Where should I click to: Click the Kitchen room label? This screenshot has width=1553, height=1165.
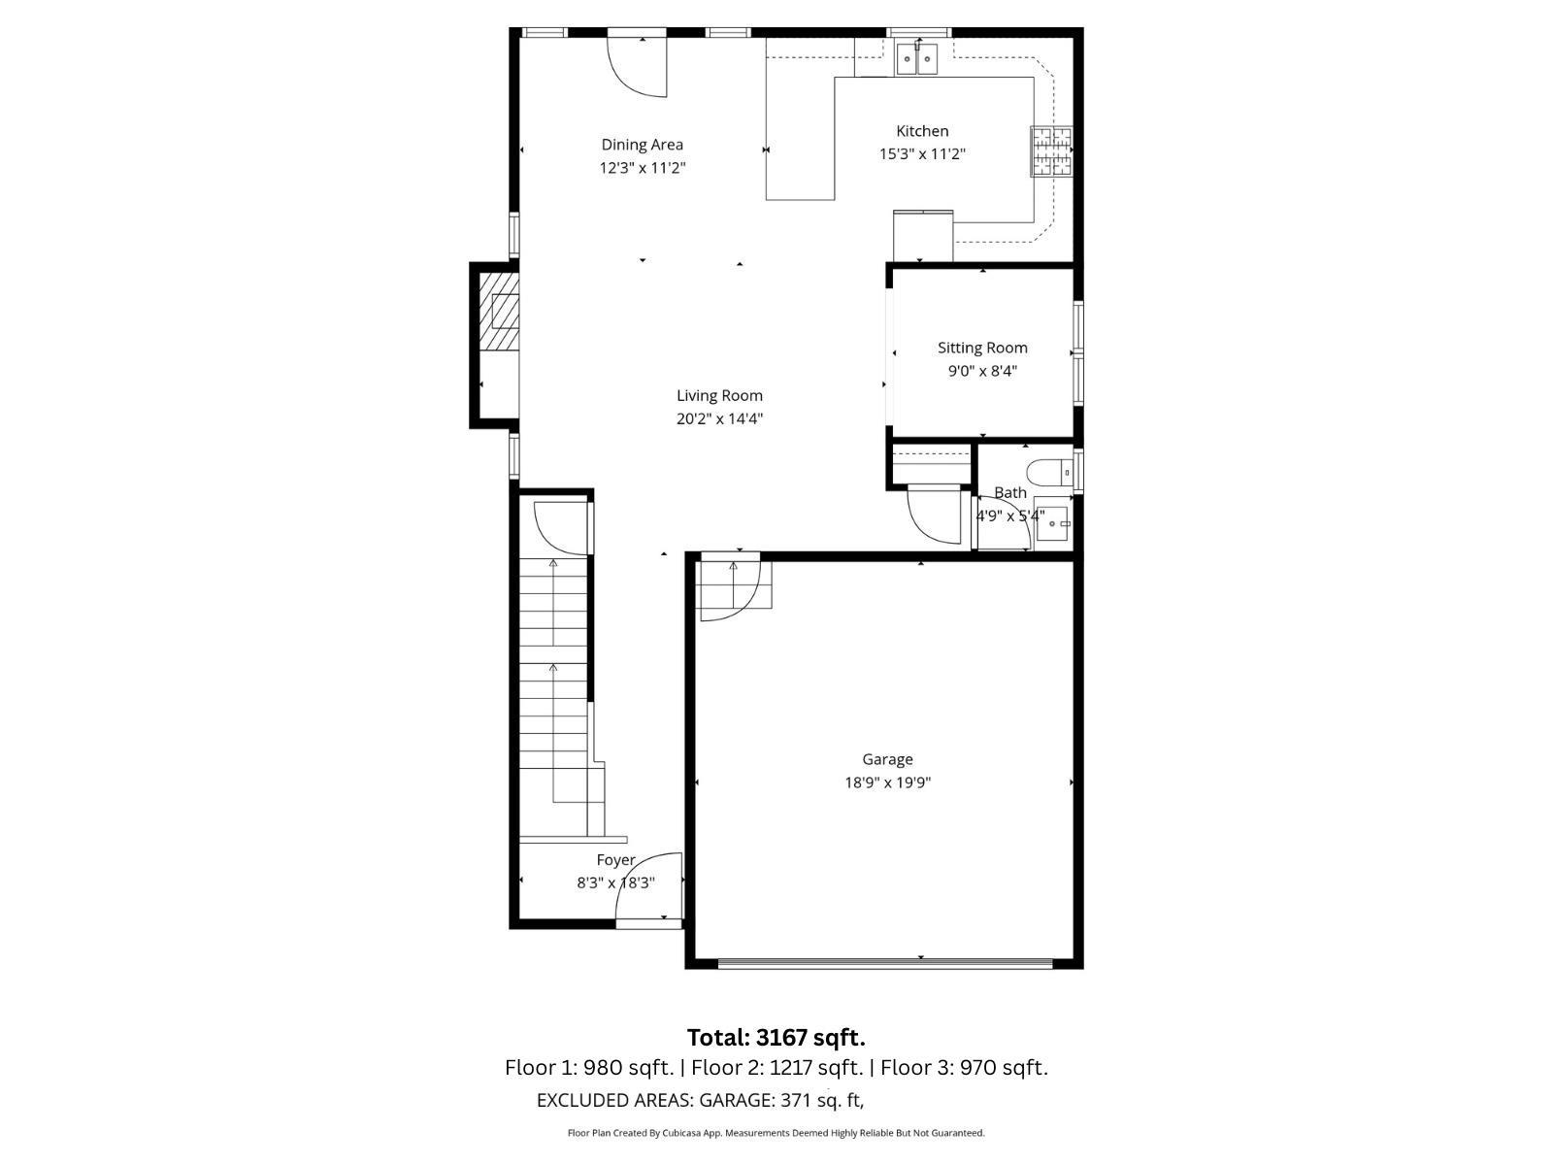(x=922, y=131)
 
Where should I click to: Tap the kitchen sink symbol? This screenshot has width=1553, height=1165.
(x=917, y=60)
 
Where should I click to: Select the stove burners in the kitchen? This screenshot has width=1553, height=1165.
(x=1051, y=151)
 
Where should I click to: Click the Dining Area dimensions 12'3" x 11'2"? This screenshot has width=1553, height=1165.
(x=643, y=168)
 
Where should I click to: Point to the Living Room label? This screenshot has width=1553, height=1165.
(x=719, y=395)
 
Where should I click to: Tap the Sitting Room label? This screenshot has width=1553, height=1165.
(x=982, y=348)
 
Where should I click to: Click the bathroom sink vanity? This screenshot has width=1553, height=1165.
(x=1052, y=523)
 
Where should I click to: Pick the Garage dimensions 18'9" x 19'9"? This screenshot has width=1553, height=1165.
(x=887, y=782)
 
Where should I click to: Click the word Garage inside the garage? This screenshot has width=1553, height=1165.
(x=887, y=759)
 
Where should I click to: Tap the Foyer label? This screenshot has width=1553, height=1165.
(x=615, y=860)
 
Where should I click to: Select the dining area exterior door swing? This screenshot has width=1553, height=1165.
(x=639, y=66)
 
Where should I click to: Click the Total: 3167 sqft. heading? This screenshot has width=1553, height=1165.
(x=776, y=1038)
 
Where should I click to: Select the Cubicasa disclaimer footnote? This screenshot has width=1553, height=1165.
(x=776, y=1133)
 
